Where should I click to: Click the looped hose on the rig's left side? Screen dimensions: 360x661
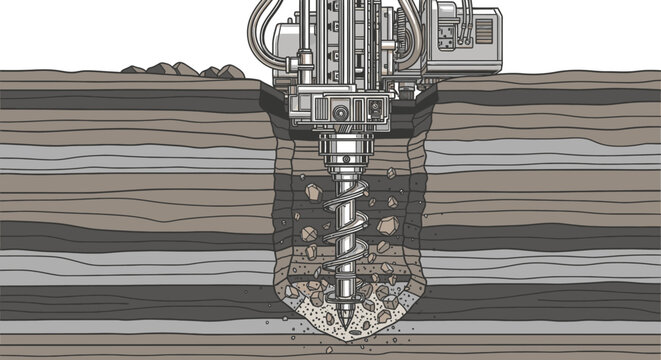[x=259, y=30]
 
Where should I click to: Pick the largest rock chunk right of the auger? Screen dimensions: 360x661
[x=388, y=225]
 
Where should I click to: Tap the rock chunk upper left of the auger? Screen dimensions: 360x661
[x=312, y=190]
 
